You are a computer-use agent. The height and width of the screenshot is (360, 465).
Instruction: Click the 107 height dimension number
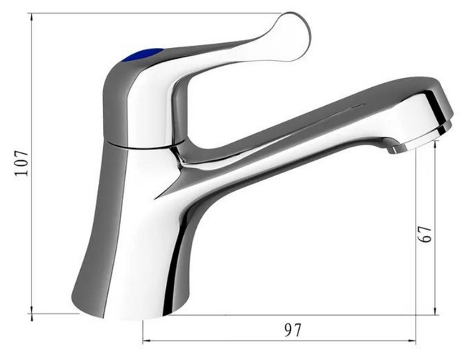(x=22, y=163)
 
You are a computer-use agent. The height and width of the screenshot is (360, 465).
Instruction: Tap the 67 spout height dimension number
(x=424, y=234)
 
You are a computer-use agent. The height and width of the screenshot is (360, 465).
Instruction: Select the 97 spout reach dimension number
(x=293, y=330)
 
